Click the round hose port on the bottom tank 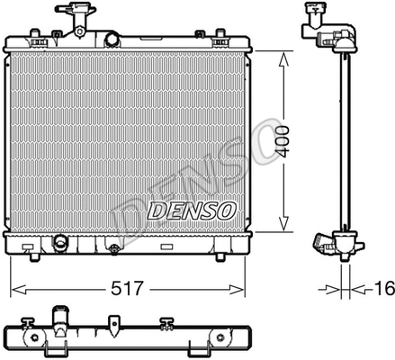[x=60, y=244]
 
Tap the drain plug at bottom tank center [x=114, y=246]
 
